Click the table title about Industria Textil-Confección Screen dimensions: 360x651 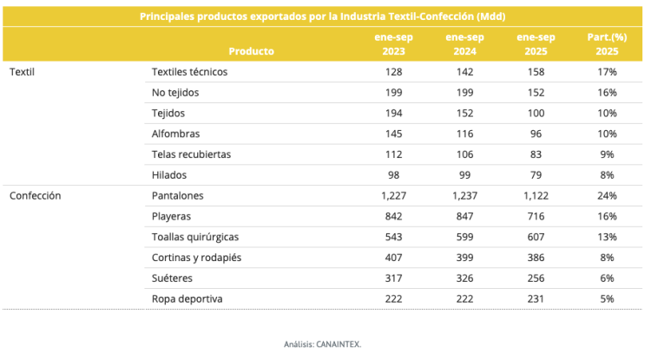click(x=322, y=16)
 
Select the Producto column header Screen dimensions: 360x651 click(x=252, y=51)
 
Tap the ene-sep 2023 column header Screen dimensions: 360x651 click(x=393, y=44)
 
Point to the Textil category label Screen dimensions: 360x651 click(x=22, y=71)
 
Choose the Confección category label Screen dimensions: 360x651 click(x=35, y=196)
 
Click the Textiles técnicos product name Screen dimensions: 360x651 click(x=189, y=71)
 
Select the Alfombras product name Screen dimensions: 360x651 click(x=175, y=134)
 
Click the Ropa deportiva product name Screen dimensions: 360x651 click(x=187, y=299)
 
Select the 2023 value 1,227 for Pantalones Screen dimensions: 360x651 click(x=393, y=196)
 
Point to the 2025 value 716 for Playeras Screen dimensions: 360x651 click(x=536, y=216)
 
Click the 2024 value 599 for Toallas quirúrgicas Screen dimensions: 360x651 click(x=464, y=237)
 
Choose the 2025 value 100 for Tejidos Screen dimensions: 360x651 click(x=536, y=113)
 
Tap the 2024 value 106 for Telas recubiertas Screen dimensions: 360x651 click(x=464, y=154)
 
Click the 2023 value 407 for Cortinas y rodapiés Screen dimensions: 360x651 click(x=393, y=258)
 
